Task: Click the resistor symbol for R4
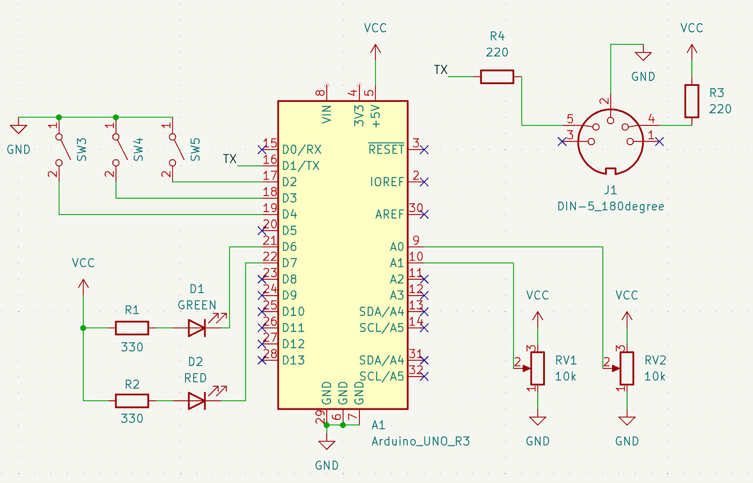point(496,77)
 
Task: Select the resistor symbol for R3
point(692,101)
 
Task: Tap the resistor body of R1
point(132,328)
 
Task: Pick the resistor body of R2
point(132,401)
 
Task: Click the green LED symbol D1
point(197,328)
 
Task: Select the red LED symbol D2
point(197,401)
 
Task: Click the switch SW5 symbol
point(175,147)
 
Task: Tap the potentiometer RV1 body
point(538,368)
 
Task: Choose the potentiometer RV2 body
point(627,368)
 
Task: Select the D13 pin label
point(294,360)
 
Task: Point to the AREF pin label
point(389,214)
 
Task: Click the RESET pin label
point(386,150)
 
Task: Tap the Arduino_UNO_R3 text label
point(421,442)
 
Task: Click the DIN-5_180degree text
point(611,206)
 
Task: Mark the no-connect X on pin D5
point(261,230)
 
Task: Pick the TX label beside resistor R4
point(440,69)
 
